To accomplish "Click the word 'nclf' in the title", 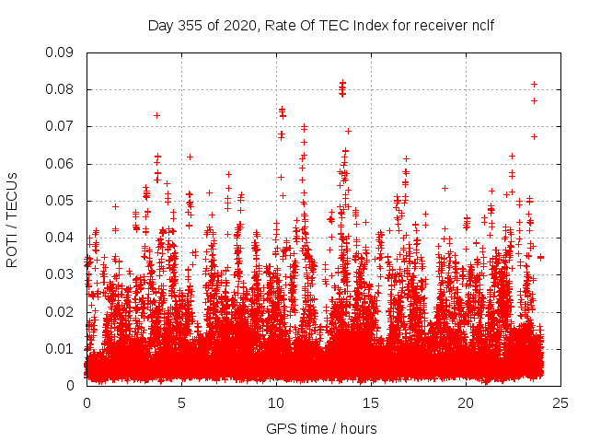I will point(480,25).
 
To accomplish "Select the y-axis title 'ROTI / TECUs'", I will point(12,219).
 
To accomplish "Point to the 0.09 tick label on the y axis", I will point(62,52).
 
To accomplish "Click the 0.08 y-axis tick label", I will point(62,89).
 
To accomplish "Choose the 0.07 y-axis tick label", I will point(62,126).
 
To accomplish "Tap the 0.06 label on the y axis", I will point(62,164).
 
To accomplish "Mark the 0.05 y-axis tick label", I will point(62,201).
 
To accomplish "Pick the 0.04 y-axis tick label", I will point(62,238).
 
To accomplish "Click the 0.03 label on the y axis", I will point(62,274).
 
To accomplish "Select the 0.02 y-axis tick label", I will point(62,311).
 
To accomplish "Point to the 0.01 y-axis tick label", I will point(62,348).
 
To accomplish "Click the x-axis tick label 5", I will point(181,402).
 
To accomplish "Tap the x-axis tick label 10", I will point(276,402).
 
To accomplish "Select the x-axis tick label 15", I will point(371,402).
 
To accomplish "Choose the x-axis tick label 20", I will point(466,402).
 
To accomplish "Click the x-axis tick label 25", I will point(560,402).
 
